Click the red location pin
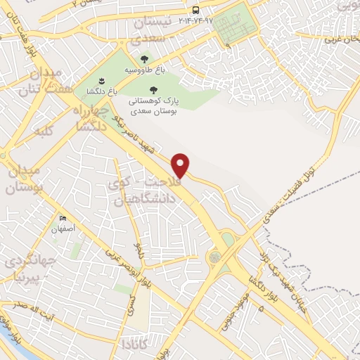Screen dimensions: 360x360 click(181, 165)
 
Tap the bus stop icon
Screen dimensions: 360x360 click(195, 10)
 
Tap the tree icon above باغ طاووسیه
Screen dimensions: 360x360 click(145, 60)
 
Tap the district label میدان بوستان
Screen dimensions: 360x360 click(25, 180)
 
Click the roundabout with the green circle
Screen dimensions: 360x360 click(214, 257)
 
